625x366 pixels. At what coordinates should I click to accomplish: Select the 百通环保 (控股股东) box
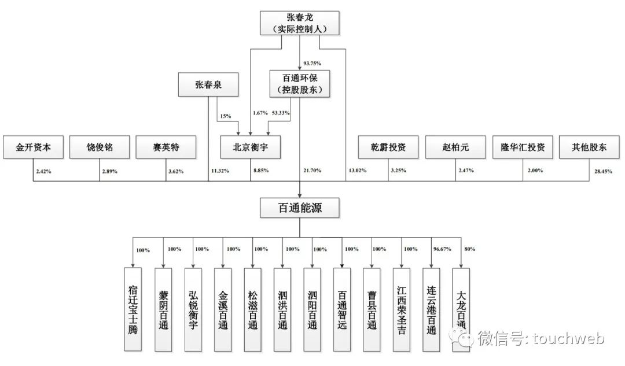pos(299,83)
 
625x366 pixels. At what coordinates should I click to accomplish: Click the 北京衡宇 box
pos(251,147)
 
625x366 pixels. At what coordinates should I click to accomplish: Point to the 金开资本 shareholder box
pos(34,147)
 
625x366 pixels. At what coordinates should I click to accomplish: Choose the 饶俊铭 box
pos(100,147)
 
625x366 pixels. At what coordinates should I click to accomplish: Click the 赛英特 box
pos(166,147)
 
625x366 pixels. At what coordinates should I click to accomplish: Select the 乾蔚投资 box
pos(388,147)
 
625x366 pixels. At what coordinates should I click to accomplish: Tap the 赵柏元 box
pos(455,147)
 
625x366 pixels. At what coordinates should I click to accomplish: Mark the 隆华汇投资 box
pos(523,147)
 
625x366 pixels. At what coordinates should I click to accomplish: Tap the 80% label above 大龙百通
pos(469,250)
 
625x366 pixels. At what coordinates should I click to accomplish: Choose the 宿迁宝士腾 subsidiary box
pos(133,309)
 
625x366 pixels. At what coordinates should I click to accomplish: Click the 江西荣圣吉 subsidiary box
pos(402,309)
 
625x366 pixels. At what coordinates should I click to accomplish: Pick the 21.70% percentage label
pos(312,171)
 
